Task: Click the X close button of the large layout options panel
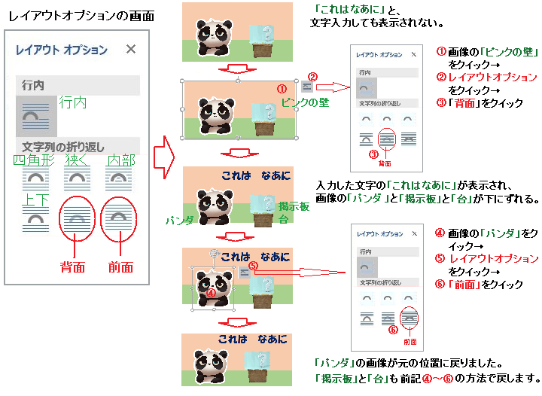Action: pyautogui.click(x=131, y=50)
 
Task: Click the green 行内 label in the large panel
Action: pyautogui.click(x=73, y=101)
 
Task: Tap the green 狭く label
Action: pyautogui.click(x=77, y=160)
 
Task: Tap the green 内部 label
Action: pyautogui.click(x=120, y=160)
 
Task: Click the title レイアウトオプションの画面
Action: pyautogui.click(x=77, y=15)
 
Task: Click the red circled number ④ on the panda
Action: pyautogui.click(x=210, y=294)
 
